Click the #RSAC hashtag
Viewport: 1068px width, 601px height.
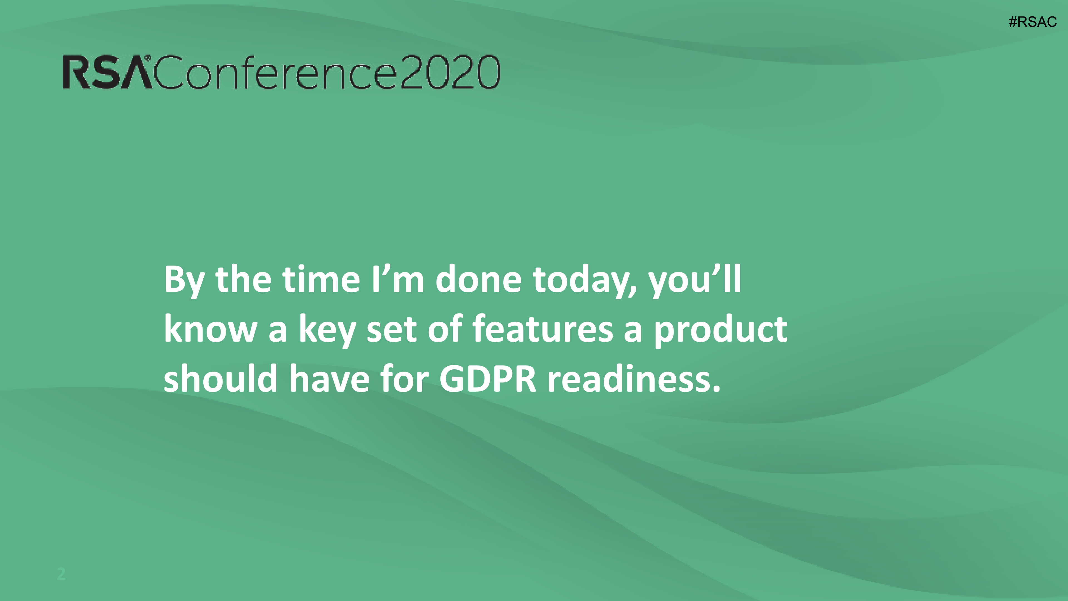1032,21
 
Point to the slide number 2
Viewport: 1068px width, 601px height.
61,574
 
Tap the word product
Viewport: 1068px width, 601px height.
721,330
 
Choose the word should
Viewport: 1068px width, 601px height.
221,378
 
